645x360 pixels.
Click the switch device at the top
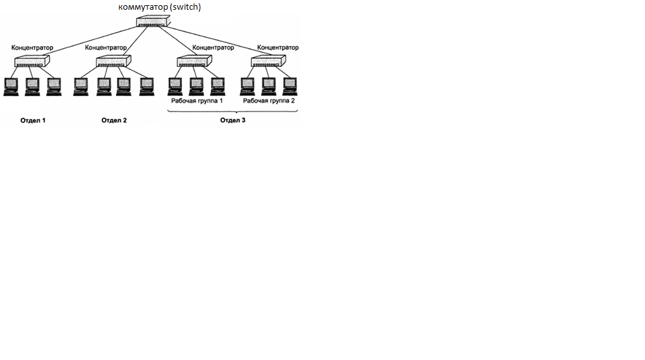tap(152, 21)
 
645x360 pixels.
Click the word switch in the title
tap(186, 7)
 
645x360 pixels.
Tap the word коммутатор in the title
tap(141, 7)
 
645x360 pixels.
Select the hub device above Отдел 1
tap(30, 62)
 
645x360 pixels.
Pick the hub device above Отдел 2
tap(113, 62)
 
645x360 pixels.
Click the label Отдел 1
tap(33, 121)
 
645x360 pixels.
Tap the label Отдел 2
tap(114, 121)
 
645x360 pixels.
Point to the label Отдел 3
tap(233, 121)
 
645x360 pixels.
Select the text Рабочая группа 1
tap(197, 101)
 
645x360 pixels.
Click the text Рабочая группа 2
tap(269, 101)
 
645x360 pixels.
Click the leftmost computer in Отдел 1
tap(11, 86)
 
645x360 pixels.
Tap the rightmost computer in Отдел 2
tap(146, 86)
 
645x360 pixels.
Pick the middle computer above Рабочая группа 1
tap(196, 86)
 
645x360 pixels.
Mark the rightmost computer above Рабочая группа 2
tap(289, 86)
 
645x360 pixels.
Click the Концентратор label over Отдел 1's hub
tap(32, 48)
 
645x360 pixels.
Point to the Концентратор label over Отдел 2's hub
tap(106, 48)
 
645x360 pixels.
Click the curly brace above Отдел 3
tap(233, 112)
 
